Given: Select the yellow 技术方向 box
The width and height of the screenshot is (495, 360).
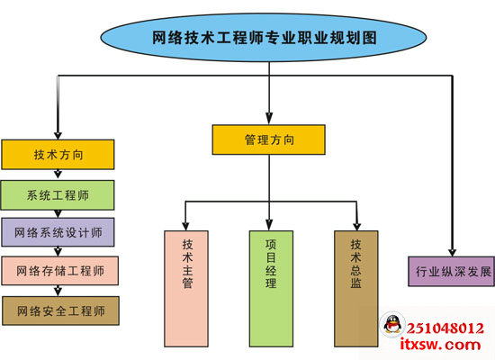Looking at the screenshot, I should pos(58,155).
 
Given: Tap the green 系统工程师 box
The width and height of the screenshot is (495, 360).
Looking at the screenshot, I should pos(58,195).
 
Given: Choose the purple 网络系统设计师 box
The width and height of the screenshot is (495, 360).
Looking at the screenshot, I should pos(58,232).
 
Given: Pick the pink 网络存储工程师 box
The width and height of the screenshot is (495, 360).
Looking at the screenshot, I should pos(59,270).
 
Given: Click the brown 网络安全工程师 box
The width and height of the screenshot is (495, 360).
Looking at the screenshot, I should pos(59,310).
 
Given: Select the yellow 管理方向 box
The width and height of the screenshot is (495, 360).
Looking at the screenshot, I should pos(269,139).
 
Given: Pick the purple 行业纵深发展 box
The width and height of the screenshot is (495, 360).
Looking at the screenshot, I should pos(451,270).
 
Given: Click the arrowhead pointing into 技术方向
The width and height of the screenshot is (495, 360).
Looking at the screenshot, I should pos(58,133).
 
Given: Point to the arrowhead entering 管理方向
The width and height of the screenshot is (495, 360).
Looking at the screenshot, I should pos(268,118).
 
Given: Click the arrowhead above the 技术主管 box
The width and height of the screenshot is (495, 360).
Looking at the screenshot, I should pos(185,224).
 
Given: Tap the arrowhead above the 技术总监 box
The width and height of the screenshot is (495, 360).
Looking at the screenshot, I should pos(357,224).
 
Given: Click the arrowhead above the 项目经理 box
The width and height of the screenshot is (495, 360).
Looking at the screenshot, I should pos(270,224).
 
